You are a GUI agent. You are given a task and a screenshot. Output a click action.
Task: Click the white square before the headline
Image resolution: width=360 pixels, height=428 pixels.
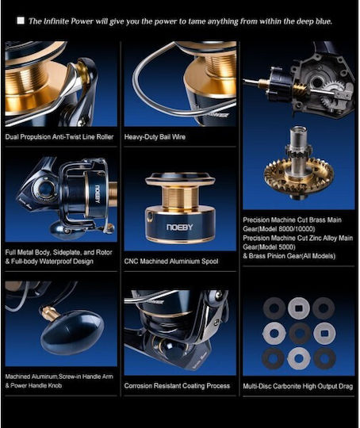click(21, 21)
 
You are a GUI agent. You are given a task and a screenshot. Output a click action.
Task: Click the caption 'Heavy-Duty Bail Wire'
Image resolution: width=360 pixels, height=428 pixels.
click(155, 137)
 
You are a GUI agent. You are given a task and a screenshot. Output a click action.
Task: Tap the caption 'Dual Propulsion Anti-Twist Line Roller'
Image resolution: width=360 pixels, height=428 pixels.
click(59, 137)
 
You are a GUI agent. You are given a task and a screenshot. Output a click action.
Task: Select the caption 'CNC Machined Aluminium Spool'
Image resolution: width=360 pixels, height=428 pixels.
click(171, 262)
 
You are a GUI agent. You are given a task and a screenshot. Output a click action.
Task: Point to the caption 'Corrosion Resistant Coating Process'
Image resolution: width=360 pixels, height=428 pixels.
click(177, 386)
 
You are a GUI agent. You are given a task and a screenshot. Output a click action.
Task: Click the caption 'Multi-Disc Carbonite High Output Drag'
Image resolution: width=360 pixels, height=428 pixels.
click(298, 386)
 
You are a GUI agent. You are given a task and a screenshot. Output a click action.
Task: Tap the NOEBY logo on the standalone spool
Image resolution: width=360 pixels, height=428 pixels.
click(180, 227)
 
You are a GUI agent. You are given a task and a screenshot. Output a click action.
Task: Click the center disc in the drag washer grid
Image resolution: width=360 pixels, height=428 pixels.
click(300, 333)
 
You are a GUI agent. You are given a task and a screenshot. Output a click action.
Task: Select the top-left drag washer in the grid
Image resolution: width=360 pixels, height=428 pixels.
click(274, 308)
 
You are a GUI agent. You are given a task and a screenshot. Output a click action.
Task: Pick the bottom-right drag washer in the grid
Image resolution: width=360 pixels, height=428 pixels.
click(324, 358)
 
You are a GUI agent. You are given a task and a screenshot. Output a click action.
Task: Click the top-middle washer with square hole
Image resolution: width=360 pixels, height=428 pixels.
click(299, 308)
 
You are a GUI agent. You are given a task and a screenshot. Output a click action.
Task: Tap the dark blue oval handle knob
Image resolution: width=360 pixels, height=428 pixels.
click(72, 336)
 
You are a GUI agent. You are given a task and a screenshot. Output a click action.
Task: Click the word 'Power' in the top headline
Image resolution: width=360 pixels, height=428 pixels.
click(82, 21)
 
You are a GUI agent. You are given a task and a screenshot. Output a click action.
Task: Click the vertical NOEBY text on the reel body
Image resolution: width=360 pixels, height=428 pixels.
click(98, 195)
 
